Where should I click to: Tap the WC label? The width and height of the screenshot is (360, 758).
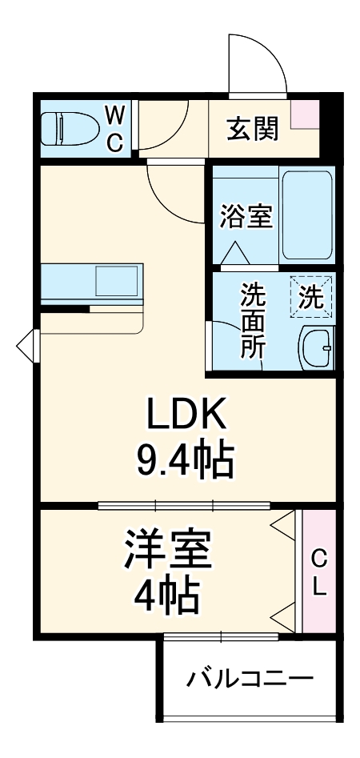point(114,127)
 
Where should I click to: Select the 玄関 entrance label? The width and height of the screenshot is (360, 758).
point(252,128)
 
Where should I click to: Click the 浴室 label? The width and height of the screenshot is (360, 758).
point(246,216)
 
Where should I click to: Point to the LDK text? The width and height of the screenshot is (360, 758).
point(187,415)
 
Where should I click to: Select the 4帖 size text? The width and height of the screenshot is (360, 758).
point(166,593)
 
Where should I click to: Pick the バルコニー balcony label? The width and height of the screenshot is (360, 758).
point(250,680)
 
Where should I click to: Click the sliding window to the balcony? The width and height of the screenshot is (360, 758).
point(221,637)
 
